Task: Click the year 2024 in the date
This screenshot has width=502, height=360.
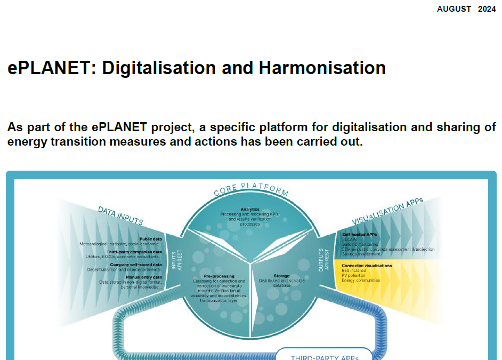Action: [487, 9]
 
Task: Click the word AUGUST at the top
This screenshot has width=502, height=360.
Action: [454, 9]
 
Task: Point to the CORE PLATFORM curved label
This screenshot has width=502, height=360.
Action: [251, 191]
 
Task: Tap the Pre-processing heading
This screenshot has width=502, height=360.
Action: [219, 276]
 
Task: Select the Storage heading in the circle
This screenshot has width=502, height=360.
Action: [282, 276]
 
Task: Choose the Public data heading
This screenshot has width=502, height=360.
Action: [150, 239]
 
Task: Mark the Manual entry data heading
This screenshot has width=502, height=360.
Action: [143, 277]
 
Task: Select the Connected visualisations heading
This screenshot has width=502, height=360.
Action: [367, 265]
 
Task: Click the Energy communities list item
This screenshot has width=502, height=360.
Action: [361, 281]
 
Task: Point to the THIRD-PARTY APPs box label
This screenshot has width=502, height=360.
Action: [324, 357]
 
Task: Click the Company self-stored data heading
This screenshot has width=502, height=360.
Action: [135, 265]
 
